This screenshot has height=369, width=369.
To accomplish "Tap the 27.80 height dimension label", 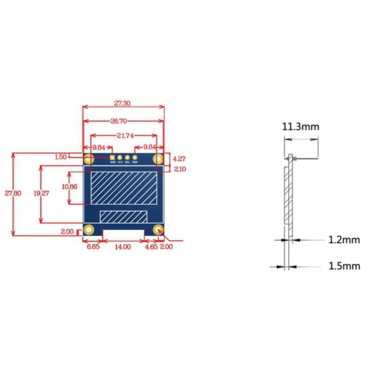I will click(x=16, y=193).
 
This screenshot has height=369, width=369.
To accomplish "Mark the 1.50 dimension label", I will click(x=61, y=157).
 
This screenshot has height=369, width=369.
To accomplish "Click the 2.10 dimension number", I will click(x=179, y=169).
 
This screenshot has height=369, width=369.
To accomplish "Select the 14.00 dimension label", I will click(x=123, y=247).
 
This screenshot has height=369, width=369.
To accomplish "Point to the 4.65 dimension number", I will click(x=151, y=247).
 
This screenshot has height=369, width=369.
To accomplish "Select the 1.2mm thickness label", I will click(x=344, y=239).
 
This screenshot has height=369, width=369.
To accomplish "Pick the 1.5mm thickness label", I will click(x=344, y=266).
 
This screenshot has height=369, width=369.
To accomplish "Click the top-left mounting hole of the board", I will click(x=89, y=160).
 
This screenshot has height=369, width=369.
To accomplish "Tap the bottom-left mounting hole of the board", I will click(x=89, y=230).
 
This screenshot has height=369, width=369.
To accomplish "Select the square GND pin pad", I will click(x=112, y=158).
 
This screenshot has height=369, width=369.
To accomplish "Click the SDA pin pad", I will click(x=135, y=158).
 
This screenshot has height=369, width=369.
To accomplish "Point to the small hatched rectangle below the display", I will click(x=123, y=216).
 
